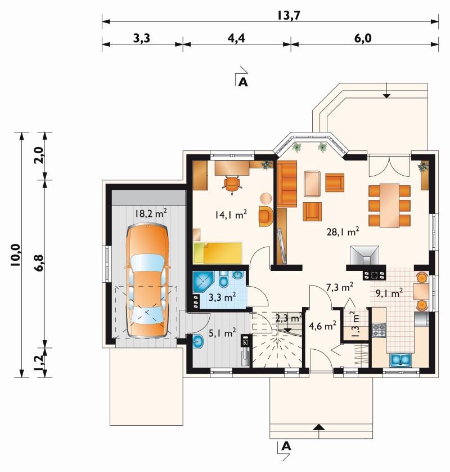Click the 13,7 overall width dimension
pos(288,15)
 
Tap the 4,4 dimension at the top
pos(236,38)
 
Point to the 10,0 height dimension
pos(16,255)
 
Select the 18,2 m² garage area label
pos(151,213)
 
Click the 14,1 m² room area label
pos(231,215)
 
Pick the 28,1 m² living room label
pos(343,231)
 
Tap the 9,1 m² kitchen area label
pos(389,292)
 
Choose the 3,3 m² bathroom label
pos(222,297)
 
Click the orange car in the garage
pos(147,280)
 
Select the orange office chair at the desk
pos(232,184)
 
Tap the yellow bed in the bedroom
pos(218,253)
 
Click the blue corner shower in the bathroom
pos(203,282)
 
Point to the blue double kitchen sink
pos(400,360)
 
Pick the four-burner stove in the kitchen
pos(379,330)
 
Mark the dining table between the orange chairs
pos(390,206)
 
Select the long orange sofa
pos(287,184)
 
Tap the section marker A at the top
pos(242,82)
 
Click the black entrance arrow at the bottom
pos(319,426)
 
